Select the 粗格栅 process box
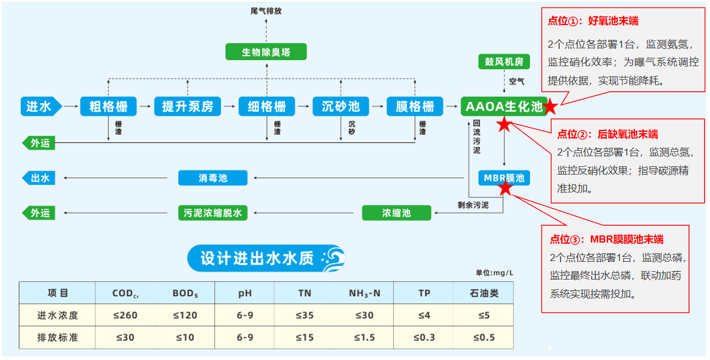[108, 107]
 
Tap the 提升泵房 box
[187, 107]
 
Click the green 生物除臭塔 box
[266, 51]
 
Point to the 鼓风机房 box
[504, 61]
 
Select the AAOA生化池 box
[503, 107]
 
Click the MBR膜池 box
[504, 178]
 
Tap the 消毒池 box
[213, 178]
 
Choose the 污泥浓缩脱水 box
[213, 213]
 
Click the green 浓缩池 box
[396, 213]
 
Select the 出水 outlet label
[39, 178]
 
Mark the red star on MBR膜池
[506, 188]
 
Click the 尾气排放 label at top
[266, 11]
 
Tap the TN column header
[304, 293]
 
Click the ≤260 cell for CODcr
[125, 315]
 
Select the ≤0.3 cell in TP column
[424, 337]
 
